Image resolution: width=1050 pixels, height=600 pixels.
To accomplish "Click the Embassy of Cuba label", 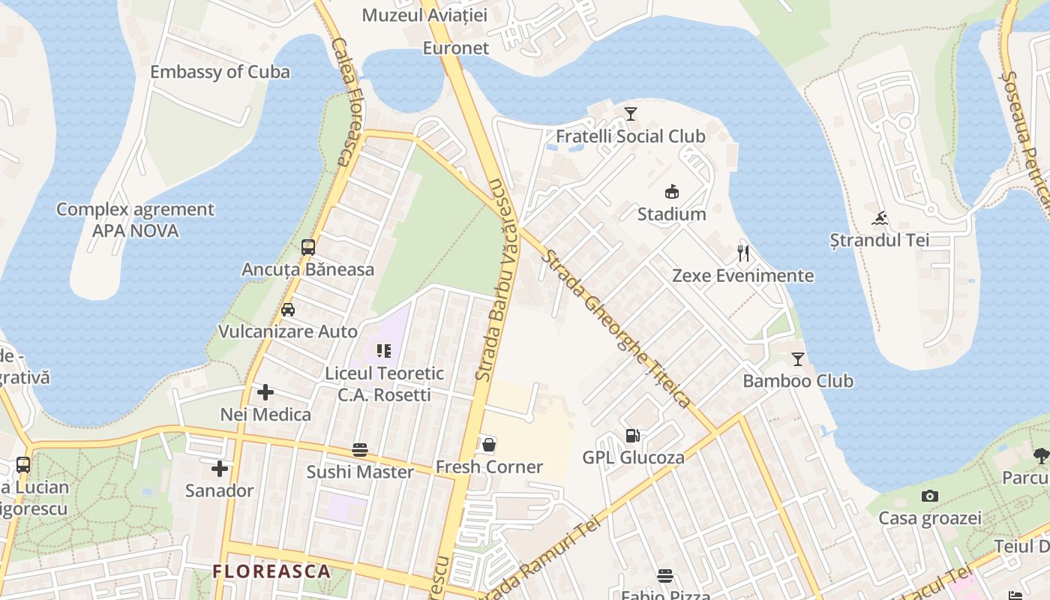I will [x=220, y=72].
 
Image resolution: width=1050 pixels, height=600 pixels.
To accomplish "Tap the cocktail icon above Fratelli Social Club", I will [x=631, y=114].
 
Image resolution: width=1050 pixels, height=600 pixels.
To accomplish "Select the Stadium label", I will [x=671, y=214].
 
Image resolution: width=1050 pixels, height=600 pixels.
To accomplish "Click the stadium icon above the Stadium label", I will [x=671, y=192].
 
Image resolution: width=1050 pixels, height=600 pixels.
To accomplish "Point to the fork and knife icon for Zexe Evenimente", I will [x=743, y=253].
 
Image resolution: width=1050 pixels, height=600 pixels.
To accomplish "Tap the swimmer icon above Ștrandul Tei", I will [x=880, y=218].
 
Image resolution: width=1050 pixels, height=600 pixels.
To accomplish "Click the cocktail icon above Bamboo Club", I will [x=798, y=359].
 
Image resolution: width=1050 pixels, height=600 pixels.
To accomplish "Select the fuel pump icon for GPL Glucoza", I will [x=633, y=436].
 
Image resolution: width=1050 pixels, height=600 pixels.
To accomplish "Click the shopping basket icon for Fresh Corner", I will [x=489, y=445].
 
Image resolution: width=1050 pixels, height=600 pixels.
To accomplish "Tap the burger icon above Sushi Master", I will [x=360, y=450].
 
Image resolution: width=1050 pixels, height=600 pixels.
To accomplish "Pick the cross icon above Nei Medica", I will [x=265, y=392].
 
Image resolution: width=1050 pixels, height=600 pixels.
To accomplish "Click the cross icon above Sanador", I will [x=220, y=469].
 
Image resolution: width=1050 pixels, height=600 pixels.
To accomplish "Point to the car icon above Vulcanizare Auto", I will [x=288, y=309].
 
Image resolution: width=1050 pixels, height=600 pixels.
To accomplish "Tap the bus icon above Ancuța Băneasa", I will [x=307, y=247].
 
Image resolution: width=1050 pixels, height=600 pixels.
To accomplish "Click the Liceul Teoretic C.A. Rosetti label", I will [x=384, y=383].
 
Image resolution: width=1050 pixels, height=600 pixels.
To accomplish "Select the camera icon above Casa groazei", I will [x=930, y=496].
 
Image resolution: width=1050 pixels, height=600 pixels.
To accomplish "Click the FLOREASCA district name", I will [x=271, y=571].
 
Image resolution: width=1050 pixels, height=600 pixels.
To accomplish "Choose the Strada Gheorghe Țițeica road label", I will [x=616, y=328].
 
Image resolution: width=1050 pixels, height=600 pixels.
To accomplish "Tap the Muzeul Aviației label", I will [x=424, y=15].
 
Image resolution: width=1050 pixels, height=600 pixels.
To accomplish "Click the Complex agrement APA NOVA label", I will [x=135, y=220].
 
